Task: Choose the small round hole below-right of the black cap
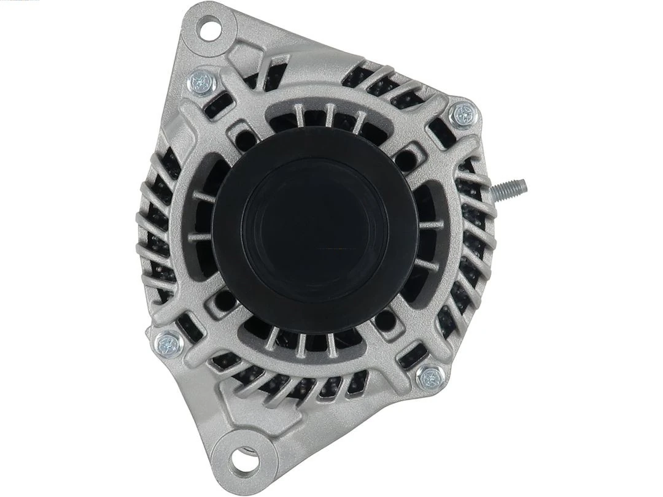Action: click(x=385, y=319)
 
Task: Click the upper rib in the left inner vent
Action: click(x=203, y=197)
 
